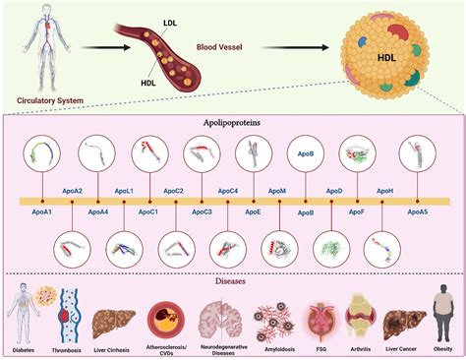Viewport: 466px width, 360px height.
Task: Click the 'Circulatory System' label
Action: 48,99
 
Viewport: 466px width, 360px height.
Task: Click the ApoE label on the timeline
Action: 253,211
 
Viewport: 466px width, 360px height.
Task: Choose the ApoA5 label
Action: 418,211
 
